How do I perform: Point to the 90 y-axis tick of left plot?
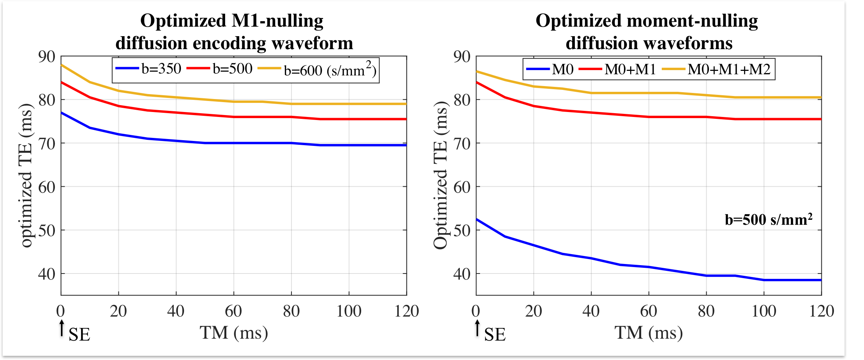tap(47, 56)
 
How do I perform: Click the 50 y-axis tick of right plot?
tap(462, 230)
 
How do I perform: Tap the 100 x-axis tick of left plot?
tap(349, 311)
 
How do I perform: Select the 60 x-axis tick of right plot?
tap(648, 311)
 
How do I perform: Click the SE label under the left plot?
tap(79, 334)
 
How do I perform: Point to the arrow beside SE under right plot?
tap(477, 328)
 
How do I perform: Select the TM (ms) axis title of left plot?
tap(234, 333)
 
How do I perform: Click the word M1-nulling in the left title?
tap(277, 21)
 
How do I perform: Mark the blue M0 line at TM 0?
tap(477, 219)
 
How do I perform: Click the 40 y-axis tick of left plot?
tap(47, 274)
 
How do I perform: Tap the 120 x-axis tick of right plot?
tap(821, 311)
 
